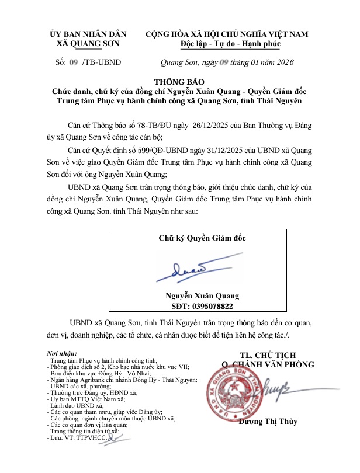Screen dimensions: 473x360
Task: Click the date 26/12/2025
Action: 185,124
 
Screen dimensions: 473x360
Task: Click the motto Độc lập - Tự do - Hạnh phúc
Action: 231,44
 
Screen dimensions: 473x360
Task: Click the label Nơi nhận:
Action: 61,354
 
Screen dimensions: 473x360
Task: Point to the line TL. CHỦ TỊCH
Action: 268,354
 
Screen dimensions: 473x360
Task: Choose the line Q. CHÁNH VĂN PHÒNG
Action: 268,364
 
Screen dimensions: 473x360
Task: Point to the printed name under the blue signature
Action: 202,295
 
